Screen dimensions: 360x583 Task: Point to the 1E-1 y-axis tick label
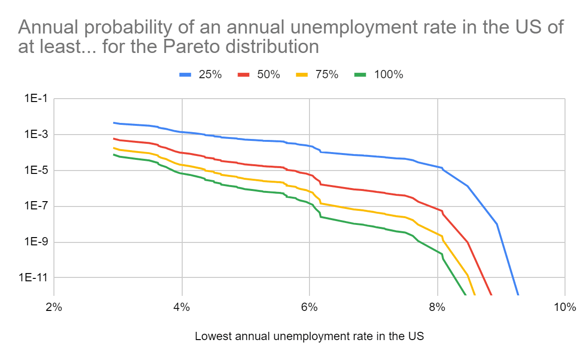pyautogui.click(x=32, y=99)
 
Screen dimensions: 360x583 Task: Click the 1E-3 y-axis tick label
pyautogui.click(x=32, y=135)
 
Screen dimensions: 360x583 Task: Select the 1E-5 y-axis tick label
pyautogui.click(x=32, y=171)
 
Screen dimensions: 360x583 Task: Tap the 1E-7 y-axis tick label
pyautogui.click(x=32, y=206)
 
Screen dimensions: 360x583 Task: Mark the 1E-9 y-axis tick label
pyautogui.click(x=32, y=242)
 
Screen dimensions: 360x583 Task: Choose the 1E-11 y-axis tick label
pyautogui.click(x=30, y=277)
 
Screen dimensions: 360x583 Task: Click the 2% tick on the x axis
pyautogui.click(x=53, y=308)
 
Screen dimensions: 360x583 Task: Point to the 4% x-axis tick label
pyautogui.click(x=182, y=308)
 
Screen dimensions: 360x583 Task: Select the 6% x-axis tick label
pyautogui.click(x=309, y=308)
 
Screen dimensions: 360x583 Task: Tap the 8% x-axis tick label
pyautogui.click(x=437, y=308)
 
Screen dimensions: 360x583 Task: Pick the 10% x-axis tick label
pyautogui.click(x=565, y=308)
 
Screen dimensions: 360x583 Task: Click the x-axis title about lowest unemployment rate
pyautogui.click(x=309, y=336)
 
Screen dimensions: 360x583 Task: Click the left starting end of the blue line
pyautogui.click(x=114, y=123)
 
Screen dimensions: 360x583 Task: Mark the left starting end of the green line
pyautogui.click(x=114, y=154)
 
